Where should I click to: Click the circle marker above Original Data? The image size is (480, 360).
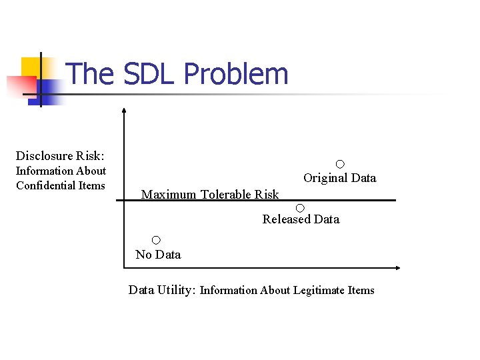(x=340, y=164)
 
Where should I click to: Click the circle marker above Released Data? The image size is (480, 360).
(x=300, y=208)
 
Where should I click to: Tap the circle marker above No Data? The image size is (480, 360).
(x=156, y=240)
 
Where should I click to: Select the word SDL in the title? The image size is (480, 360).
(x=149, y=74)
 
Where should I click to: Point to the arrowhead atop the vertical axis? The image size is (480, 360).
(x=124, y=111)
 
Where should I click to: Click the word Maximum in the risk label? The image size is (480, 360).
(x=169, y=195)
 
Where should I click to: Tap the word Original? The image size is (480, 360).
(x=325, y=178)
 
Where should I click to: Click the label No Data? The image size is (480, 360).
(x=158, y=255)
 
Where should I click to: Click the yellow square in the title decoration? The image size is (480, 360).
(x=31, y=67)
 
